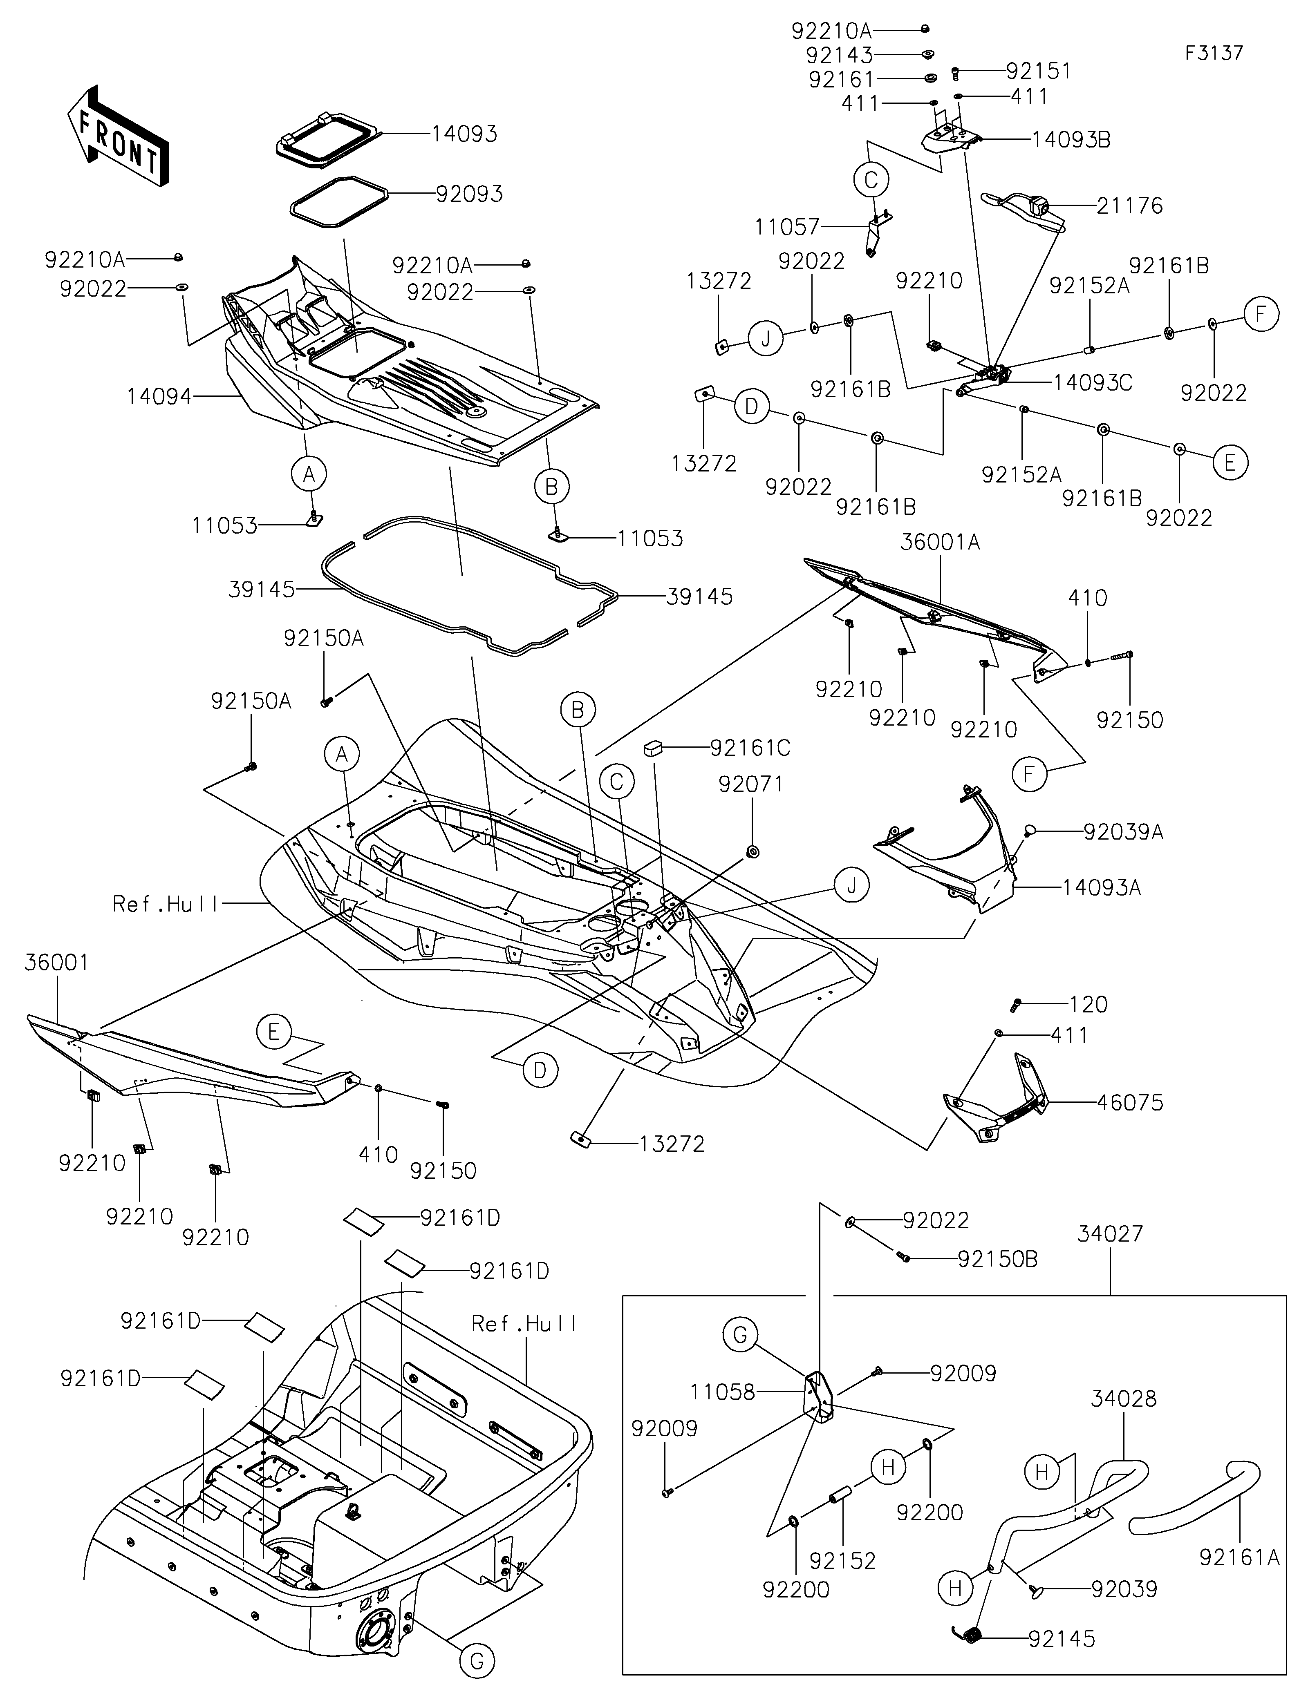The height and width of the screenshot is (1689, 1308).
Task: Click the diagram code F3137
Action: click(1214, 54)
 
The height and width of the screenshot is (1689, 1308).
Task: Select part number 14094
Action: click(159, 397)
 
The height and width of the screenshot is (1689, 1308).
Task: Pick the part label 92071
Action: click(750, 784)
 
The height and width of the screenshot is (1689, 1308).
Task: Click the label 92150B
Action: click(998, 1259)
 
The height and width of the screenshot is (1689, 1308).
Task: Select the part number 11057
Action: click(787, 227)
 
